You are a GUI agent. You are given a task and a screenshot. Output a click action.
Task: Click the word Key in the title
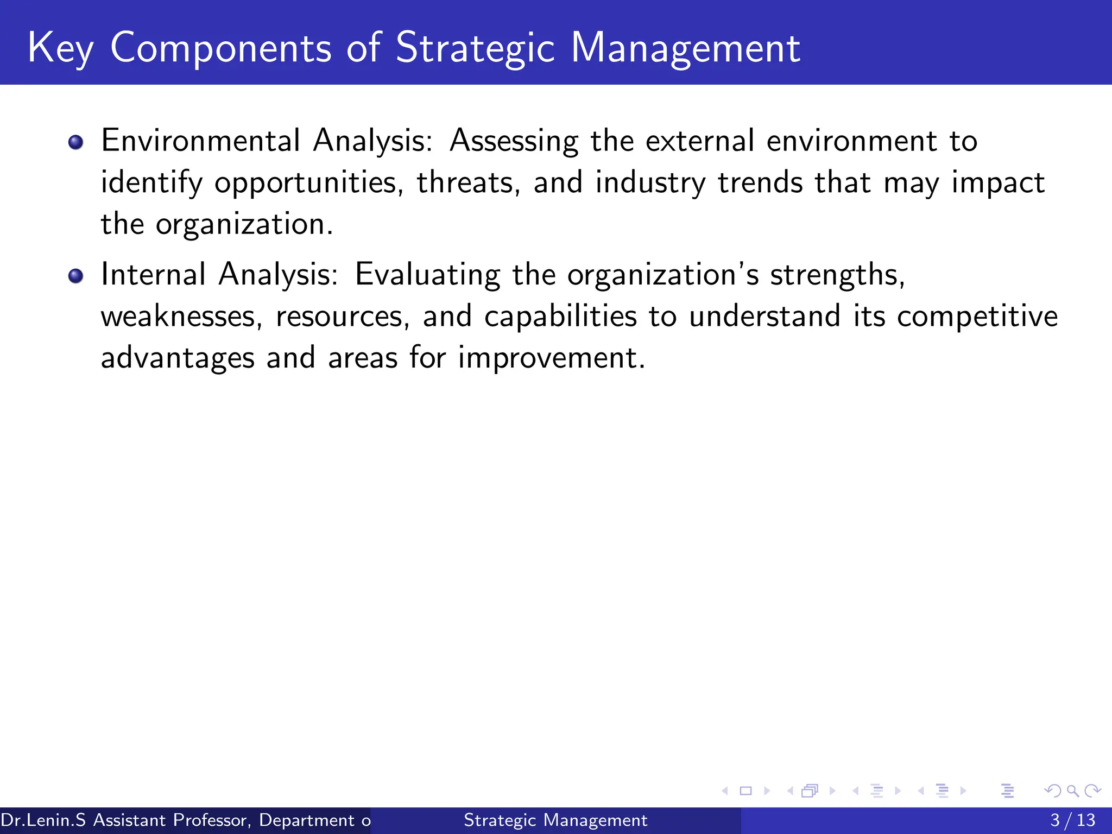(x=60, y=49)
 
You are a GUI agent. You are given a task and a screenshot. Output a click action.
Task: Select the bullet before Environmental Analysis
(x=76, y=143)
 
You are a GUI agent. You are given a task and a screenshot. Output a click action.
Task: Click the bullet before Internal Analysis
(x=76, y=276)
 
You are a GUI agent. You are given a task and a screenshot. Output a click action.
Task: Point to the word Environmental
(x=200, y=141)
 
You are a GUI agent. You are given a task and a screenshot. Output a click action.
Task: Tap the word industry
(x=650, y=183)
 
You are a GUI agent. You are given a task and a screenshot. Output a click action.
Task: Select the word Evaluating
(x=427, y=275)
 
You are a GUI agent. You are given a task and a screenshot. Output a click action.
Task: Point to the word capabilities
(x=560, y=317)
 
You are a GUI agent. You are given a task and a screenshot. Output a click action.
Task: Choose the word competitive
(x=977, y=317)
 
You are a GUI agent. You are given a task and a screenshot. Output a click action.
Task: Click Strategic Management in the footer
(x=555, y=820)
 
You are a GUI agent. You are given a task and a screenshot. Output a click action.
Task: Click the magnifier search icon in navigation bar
(x=1072, y=791)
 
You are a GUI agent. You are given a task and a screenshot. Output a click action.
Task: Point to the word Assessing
(x=514, y=141)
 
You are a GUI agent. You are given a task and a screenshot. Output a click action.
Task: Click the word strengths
(x=837, y=275)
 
